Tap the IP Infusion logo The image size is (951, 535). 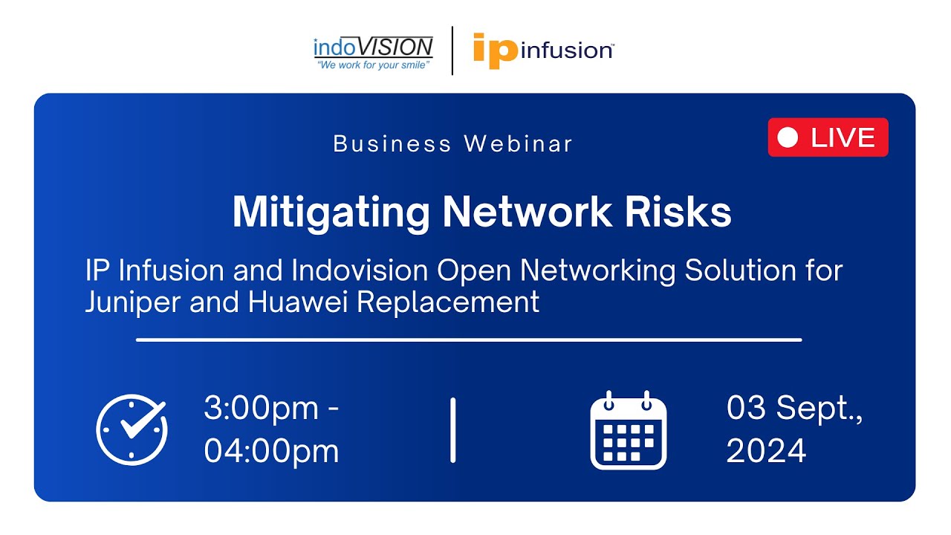pos(542,50)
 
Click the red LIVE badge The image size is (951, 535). pos(828,137)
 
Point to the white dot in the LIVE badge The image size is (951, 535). pos(788,137)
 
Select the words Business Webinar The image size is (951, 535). pos(453,143)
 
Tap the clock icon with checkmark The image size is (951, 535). pos(132,429)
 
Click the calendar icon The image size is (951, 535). pos(629,430)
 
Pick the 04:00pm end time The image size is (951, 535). pos(271,451)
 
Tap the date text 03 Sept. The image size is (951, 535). pos(793,409)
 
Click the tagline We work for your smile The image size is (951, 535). pos(373,66)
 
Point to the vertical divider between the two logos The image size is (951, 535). pos(452,50)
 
